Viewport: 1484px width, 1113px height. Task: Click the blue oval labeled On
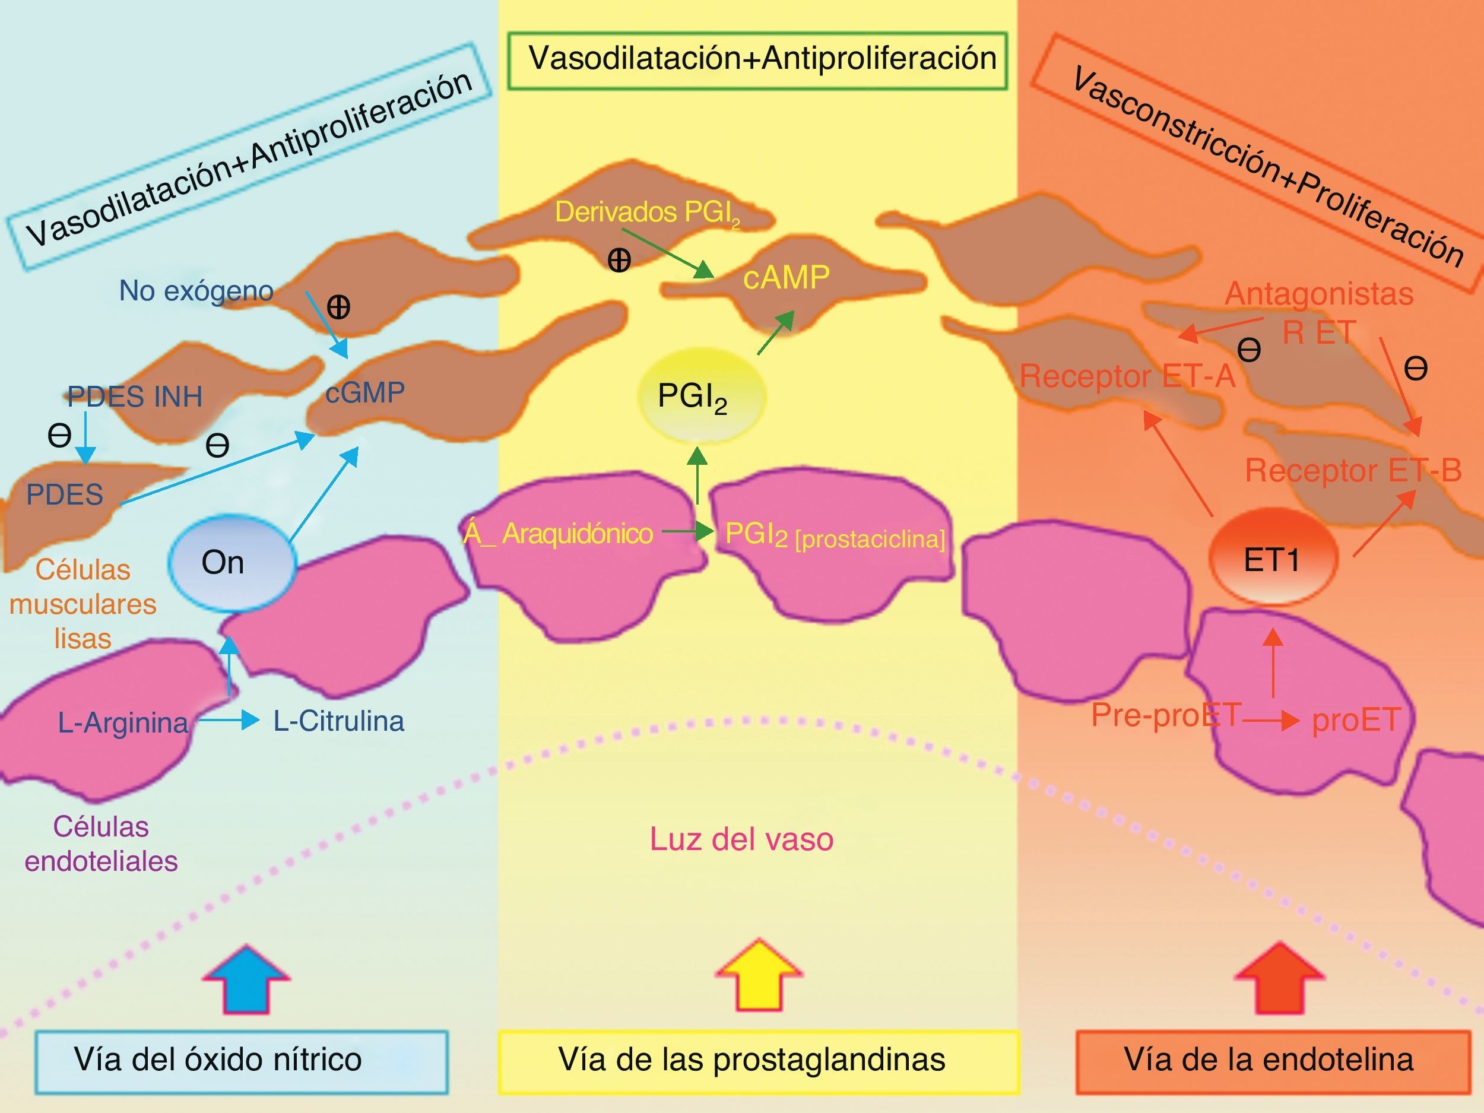(232, 563)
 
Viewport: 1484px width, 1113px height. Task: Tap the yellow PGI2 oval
(700, 396)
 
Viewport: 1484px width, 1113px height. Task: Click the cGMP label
(365, 392)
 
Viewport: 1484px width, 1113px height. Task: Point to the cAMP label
(787, 277)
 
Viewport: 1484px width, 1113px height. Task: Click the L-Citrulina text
(339, 721)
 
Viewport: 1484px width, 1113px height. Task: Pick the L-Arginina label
(123, 722)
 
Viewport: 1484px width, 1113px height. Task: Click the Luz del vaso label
(741, 839)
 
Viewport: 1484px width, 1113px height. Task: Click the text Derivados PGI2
(648, 213)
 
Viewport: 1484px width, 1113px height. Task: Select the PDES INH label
(135, 397)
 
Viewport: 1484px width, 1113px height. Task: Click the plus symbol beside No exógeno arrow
(338, 307)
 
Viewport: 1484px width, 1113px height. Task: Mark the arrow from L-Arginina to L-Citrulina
(228, 721)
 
